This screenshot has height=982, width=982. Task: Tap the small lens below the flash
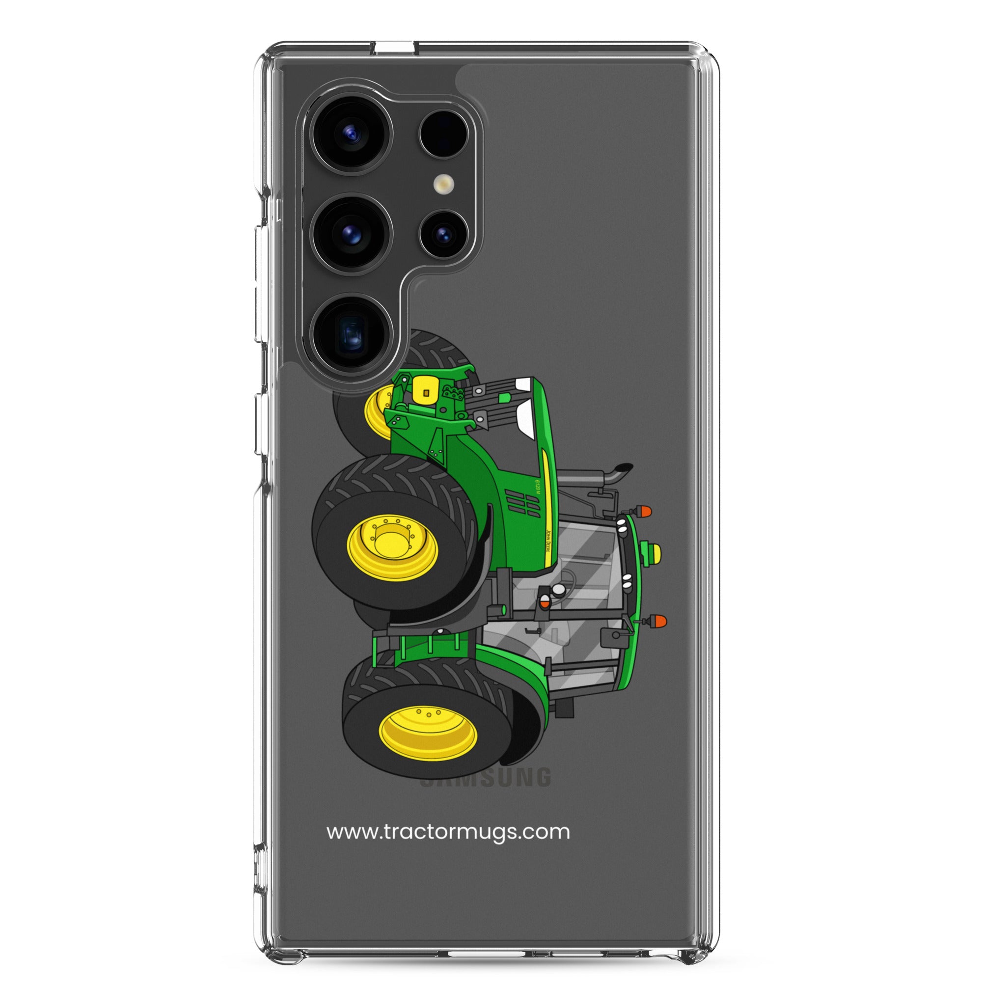point(444,234)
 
